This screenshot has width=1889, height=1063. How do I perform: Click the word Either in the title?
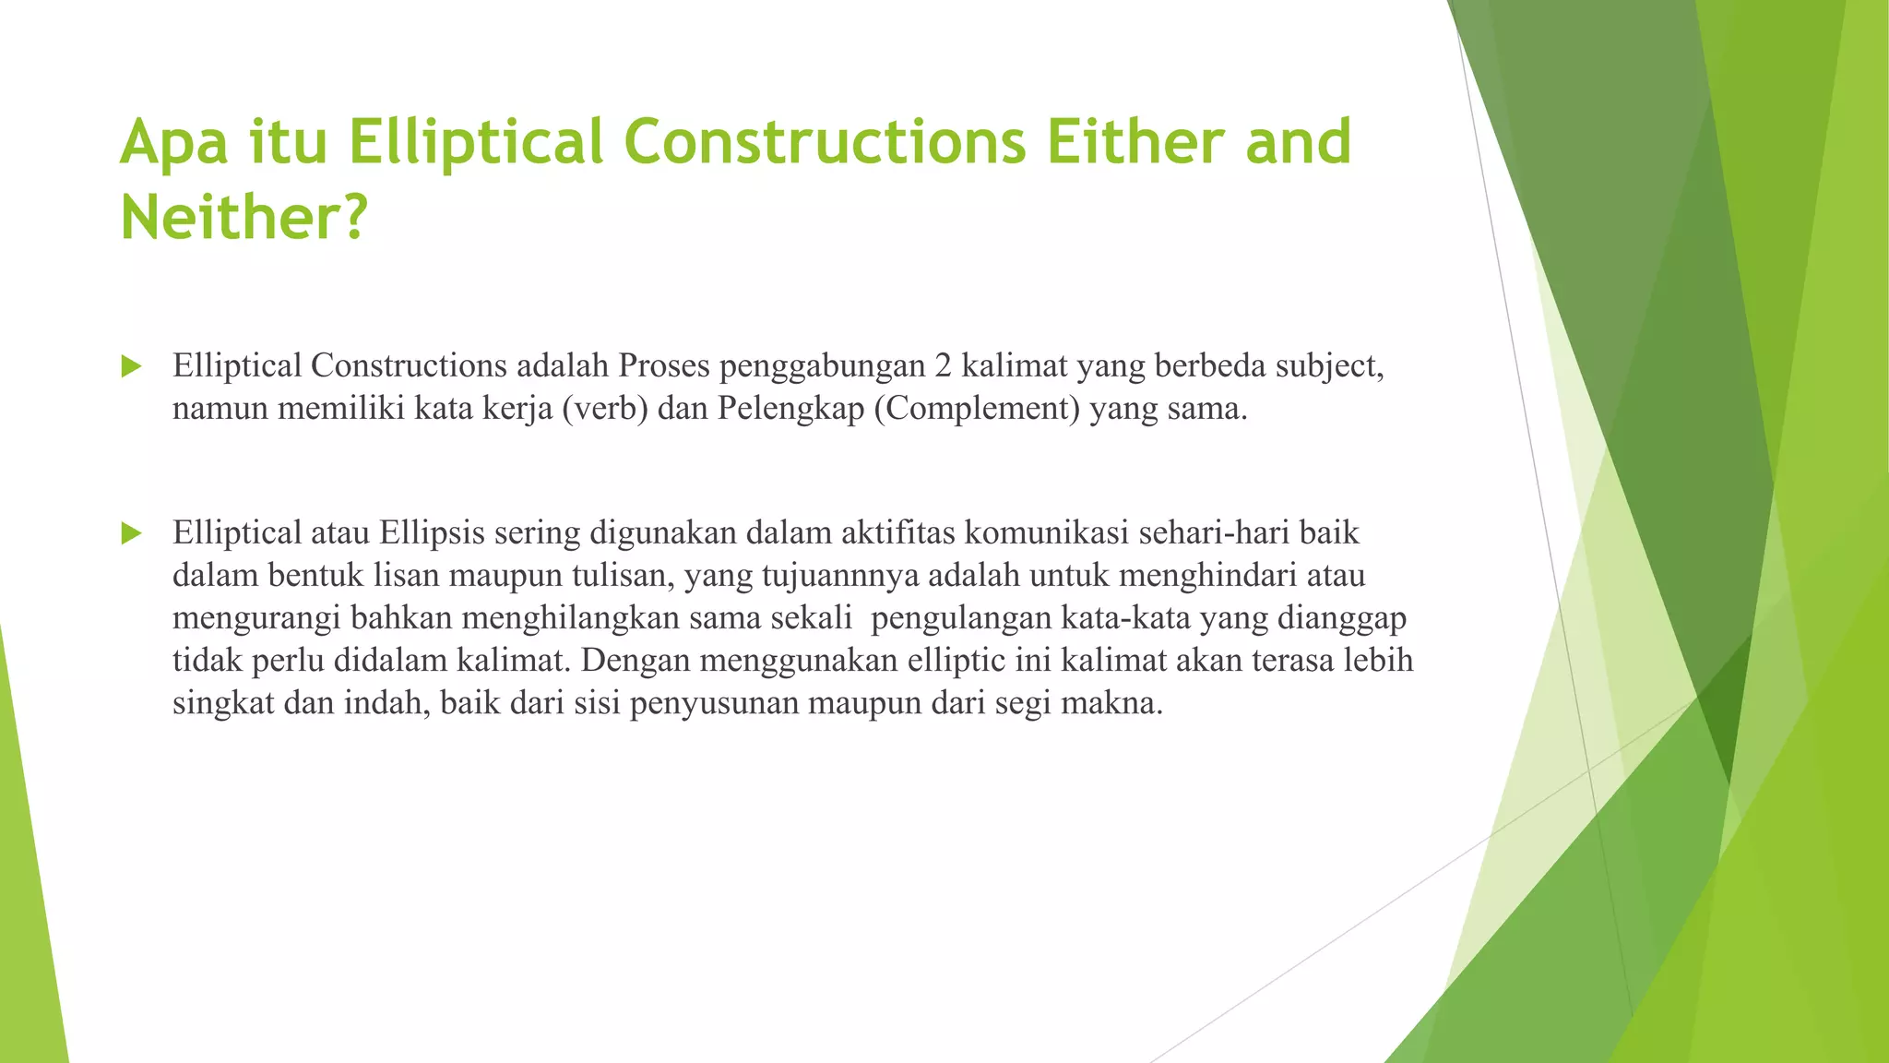coord(1135,142)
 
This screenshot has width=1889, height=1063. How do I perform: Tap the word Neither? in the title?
coord(244,218)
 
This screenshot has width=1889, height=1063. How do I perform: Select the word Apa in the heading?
coord(172,144)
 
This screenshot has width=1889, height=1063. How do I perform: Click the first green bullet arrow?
coord(131,367)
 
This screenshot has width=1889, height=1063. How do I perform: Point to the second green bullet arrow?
coord(131,533)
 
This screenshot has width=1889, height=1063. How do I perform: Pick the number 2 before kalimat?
coord(942,366)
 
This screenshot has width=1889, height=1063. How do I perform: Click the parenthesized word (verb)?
coord(605,409)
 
